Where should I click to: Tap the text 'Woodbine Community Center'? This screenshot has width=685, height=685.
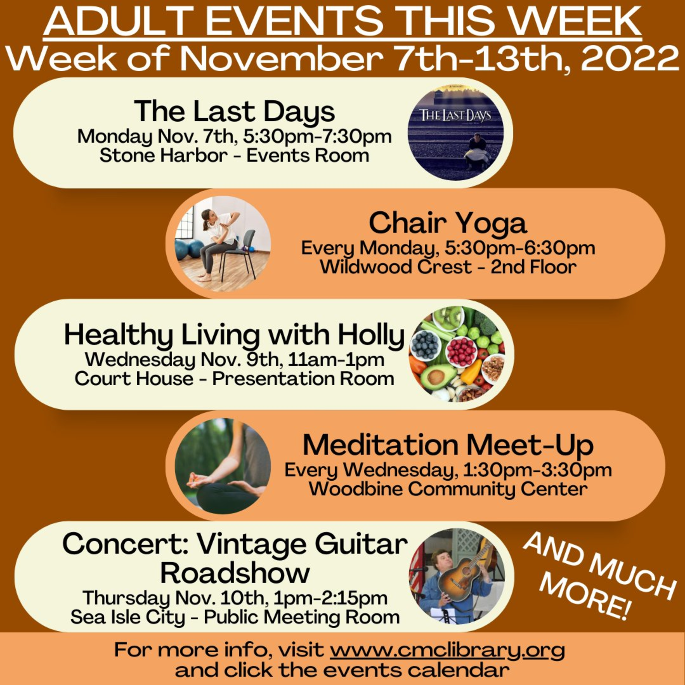[448, 490]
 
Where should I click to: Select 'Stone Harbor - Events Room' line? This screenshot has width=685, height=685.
[234, 156]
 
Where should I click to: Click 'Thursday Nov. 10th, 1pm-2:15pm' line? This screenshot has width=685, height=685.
[235, 598]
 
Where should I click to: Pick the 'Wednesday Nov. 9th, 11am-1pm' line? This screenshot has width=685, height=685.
[234, 360]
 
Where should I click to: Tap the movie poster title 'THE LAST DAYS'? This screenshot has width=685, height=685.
[455, 115]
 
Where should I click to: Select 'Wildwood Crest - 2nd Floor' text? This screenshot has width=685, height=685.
[448, 267]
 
